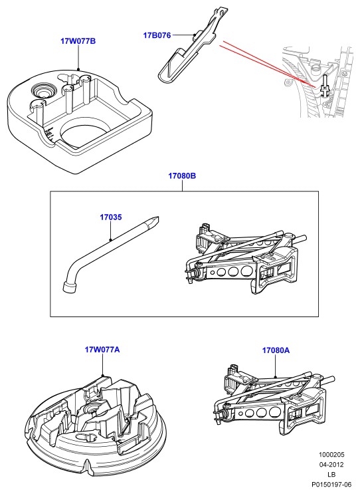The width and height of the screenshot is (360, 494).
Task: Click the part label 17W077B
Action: [x=78, y=41]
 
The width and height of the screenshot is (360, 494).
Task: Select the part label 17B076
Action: [x=157, y=35]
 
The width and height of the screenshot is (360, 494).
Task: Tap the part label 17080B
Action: [x=182, y=176]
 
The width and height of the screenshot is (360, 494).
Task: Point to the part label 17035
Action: [x=111, y=217]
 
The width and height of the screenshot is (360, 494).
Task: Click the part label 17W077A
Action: [x=102, y=350]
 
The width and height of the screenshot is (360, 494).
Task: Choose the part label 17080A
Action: [x=276, y=350]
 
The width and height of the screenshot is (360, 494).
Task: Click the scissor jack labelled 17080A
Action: [x=274, y=400]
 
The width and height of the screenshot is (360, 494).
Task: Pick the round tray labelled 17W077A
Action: [x=96, y=426]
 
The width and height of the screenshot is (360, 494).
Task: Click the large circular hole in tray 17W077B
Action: [x=82, y=132]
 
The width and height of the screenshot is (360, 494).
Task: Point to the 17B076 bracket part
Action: [x=192, y=47]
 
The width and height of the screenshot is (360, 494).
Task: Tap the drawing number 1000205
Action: [x=331, y=455]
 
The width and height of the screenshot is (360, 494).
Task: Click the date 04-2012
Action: [x=331, y=464]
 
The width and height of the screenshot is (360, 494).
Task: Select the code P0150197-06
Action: [x=331, y=484]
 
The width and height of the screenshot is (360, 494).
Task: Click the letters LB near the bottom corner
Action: [x=331, y=474]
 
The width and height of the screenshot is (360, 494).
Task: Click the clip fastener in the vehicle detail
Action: [x=325, y=86]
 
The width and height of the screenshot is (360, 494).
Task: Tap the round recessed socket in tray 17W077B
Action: [x=43, y=91]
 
